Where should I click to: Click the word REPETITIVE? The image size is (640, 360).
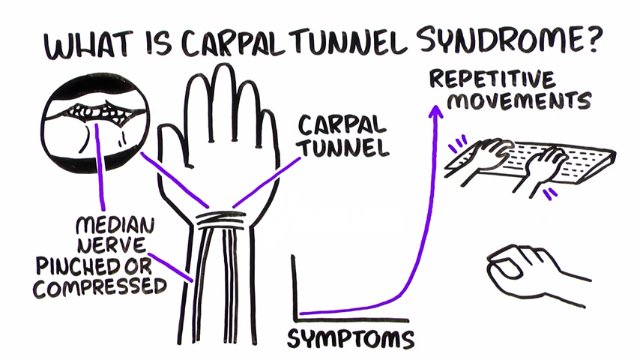coord(492,79)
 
